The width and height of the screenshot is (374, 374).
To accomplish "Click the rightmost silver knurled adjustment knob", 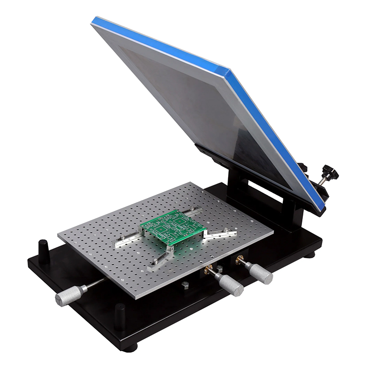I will pos(260,273).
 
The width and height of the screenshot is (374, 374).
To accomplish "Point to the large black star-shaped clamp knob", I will pos(331,174).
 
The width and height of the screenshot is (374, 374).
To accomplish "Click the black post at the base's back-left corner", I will pos(43,246).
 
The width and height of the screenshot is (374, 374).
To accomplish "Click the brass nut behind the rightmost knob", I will pos(240,260).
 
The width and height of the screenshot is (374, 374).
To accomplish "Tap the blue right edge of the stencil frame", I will pos(273,136).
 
